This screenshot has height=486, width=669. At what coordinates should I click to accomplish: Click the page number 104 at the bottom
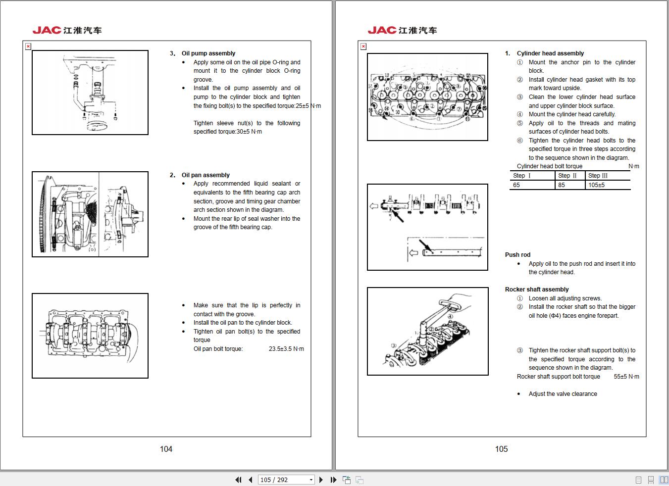tap(166, 449)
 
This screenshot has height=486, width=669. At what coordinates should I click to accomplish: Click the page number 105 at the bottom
tap(501, 449)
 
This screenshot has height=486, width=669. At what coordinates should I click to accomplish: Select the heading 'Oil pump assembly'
tap(208, 53)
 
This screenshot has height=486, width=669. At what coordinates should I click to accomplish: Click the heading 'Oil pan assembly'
tap(206, 175)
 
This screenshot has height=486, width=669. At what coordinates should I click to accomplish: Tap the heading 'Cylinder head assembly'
tap(550, 53)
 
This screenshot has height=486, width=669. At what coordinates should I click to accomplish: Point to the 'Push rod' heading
tap(517, 255)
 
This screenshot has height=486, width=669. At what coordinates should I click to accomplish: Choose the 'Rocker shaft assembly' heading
tap(537, 290)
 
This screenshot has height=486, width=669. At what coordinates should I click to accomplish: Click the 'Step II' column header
tap(567, 176)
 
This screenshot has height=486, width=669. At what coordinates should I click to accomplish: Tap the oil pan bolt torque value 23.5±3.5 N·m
tap(286, 349)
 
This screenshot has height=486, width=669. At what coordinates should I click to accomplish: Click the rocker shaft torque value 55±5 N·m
tap(626, 377)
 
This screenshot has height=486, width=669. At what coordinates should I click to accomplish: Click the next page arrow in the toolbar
tap(321, 480)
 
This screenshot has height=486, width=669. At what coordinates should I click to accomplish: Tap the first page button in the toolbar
tap(238, 480)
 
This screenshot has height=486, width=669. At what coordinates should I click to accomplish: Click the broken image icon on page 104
tap(28, 47)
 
